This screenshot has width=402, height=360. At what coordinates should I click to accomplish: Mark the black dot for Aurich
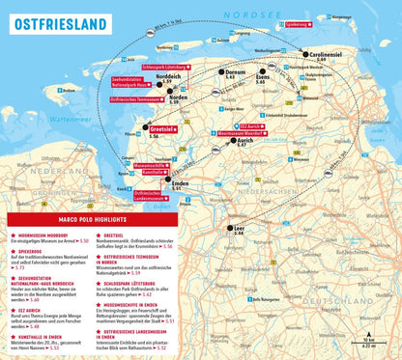[231, 141]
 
